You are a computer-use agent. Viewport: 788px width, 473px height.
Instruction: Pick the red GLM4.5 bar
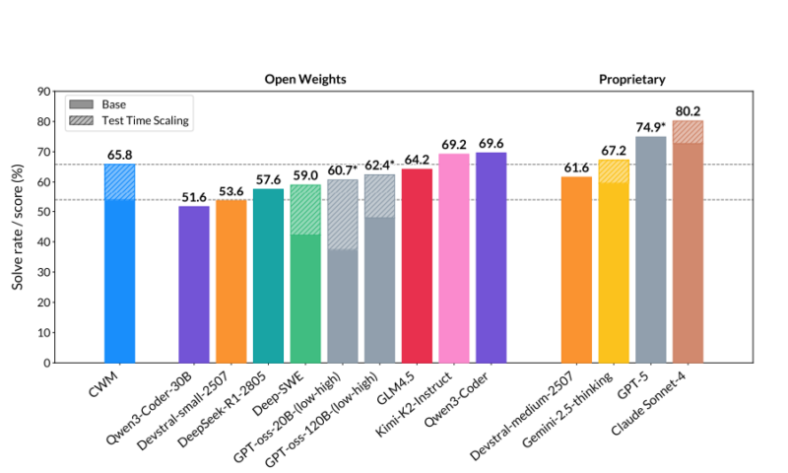[x=416, y=266]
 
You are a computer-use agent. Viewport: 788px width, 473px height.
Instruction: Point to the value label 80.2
[x=688, y=110]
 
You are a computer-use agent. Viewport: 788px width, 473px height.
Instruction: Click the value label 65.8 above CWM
[x=119, y=155]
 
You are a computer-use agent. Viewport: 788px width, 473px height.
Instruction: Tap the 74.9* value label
[x=650, y=127]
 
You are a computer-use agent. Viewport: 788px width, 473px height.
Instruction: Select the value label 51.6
[x=193, y=197]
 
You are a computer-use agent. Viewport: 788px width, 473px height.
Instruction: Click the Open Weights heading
[x=304, y=79]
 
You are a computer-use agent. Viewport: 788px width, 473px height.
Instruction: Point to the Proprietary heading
[x=631, y=79]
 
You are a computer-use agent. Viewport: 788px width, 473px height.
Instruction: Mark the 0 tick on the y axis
[x=46, y=363]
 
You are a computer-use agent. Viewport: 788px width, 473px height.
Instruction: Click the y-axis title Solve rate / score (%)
[x=19, y=227]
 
